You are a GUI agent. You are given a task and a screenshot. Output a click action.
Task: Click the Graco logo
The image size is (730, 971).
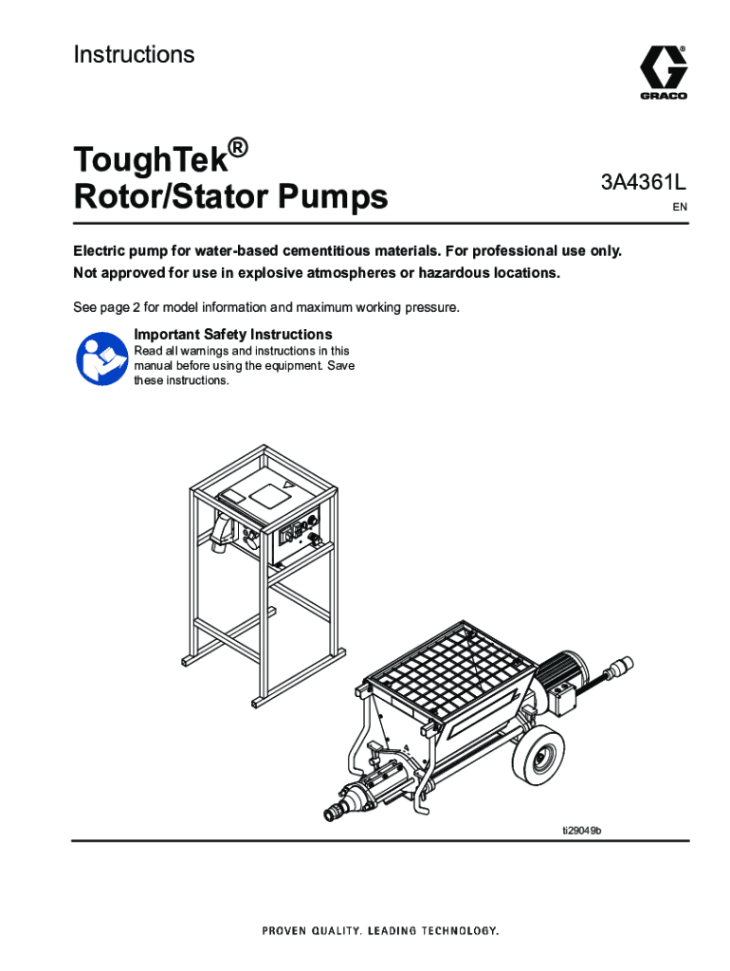coord(663,72)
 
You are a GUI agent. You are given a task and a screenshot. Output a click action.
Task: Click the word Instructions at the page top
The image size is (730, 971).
coord(134,54)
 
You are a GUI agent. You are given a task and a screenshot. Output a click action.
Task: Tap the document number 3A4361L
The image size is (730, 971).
coord(644,183)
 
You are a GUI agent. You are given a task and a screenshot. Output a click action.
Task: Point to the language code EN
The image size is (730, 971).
coord(680,207)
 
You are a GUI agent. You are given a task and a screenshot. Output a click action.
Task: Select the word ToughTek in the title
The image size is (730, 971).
coord(152,159)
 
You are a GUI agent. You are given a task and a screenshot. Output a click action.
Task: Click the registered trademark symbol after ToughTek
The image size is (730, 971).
coord(238,149)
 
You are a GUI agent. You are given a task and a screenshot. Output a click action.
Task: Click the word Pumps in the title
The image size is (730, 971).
coord(333,197)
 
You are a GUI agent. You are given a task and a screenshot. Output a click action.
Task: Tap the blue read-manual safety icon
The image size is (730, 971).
coord(101,358)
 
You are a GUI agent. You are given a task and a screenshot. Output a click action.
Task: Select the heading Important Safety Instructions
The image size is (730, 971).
coord(233,335)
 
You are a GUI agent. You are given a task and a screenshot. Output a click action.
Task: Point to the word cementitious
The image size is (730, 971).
coord(332,250)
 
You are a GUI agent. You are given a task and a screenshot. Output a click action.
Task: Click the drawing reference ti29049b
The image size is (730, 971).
coord(581,831)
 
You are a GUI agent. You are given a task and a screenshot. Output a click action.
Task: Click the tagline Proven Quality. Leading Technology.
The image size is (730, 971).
coord(380,931)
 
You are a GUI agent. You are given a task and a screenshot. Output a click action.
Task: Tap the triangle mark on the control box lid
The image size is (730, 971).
coord(285,486)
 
